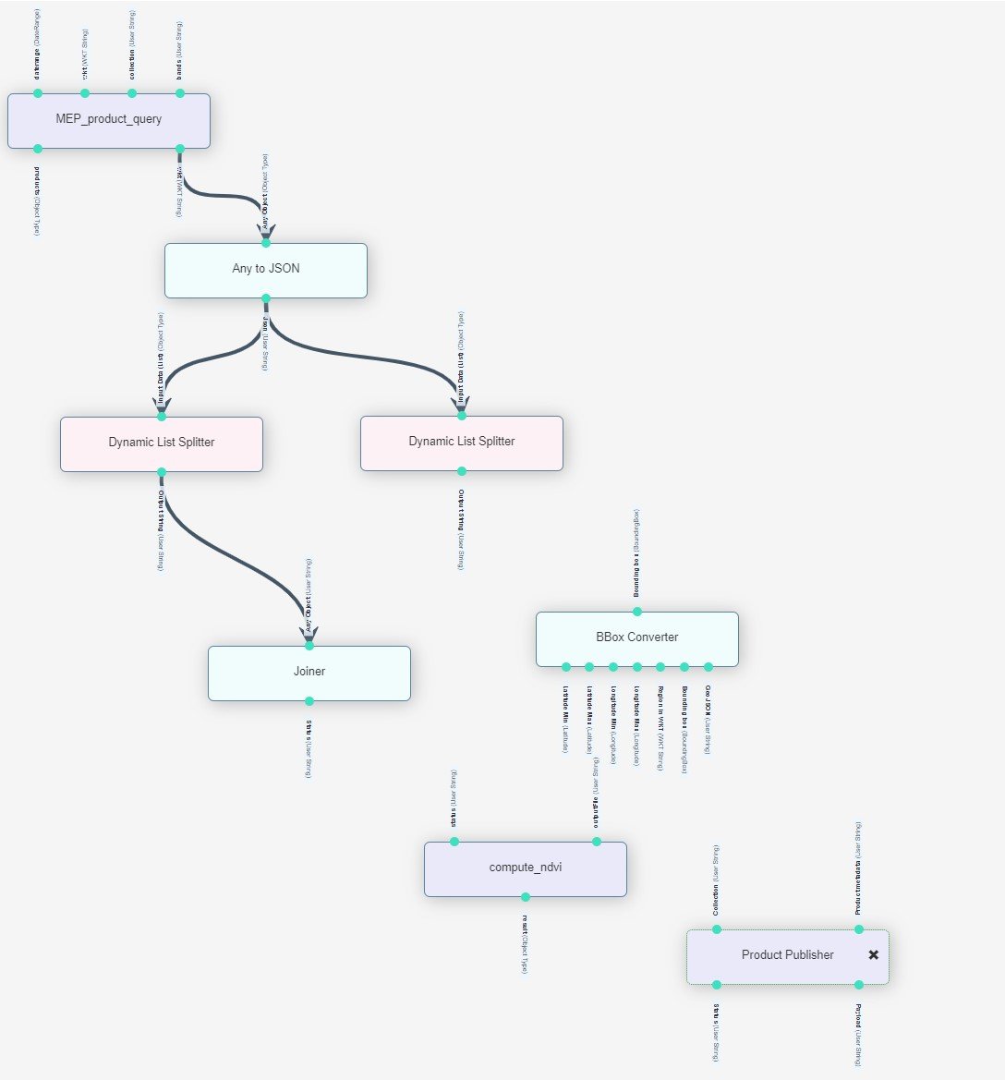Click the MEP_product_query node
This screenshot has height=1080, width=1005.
click(109, 120)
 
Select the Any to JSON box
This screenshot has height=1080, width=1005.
click(266, 270)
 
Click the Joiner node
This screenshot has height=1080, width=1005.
click(309, 673)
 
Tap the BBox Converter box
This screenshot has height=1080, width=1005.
click(637, 638)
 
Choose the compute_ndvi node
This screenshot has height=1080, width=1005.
click(526, 868)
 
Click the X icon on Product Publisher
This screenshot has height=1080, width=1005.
click(874, 955)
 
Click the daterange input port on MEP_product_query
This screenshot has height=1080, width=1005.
click(38, 93)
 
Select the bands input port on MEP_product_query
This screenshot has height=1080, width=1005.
click(180, 93)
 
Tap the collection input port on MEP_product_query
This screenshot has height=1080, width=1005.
click(132, 93)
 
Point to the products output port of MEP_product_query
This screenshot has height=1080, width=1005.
click(38, 148)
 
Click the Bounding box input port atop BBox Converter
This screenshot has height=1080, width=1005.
click(636, 612)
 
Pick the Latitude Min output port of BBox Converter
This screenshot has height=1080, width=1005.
click(565, 666)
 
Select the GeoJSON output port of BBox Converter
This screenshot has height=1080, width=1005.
click(708, 666)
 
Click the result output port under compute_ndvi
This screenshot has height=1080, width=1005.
click(526, 896)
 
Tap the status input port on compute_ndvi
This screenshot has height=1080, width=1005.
click(454, 842)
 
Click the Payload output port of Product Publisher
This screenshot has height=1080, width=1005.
click(859, 984)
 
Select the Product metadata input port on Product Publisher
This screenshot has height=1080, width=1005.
click(859, 929)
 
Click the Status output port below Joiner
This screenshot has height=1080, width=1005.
click(309, 700)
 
